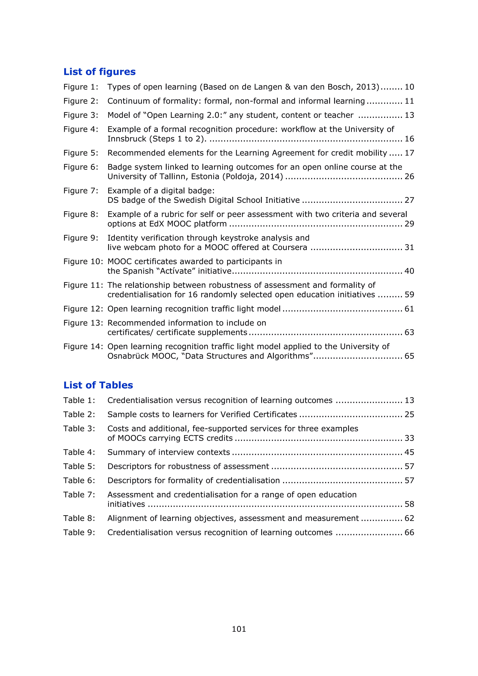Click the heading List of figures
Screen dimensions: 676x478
pos(99,72)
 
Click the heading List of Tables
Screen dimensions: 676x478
pos(98,385)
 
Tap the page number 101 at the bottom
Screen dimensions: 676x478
pos(239,629)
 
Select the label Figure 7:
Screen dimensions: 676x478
pos(81,191)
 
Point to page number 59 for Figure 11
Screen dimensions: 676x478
pos(409,295)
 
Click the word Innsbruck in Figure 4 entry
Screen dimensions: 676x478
pos(127,139)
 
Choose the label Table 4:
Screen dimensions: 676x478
pos(79,452)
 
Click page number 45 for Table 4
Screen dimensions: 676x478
pos(409,452)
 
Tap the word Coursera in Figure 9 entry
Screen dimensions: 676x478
pos(290,247)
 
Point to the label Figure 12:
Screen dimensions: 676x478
pos(83,309)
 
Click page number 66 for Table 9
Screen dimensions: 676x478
pos(409,533)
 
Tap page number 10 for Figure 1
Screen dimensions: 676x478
pos(409,87)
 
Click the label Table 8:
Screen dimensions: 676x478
pos(79,518)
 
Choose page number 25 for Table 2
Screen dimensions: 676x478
pos(409,415)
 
